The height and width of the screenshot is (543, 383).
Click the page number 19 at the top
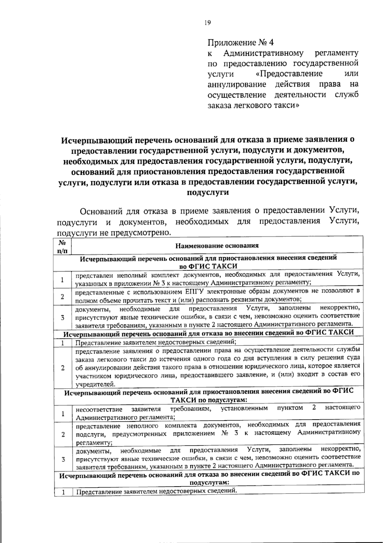click(x=207, y=23)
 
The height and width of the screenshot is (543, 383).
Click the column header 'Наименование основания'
click(x=217, y=245)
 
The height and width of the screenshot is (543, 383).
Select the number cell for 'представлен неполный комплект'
click(x=63, y=280)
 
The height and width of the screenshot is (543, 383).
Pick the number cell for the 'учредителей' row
click(x=63, y=368)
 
